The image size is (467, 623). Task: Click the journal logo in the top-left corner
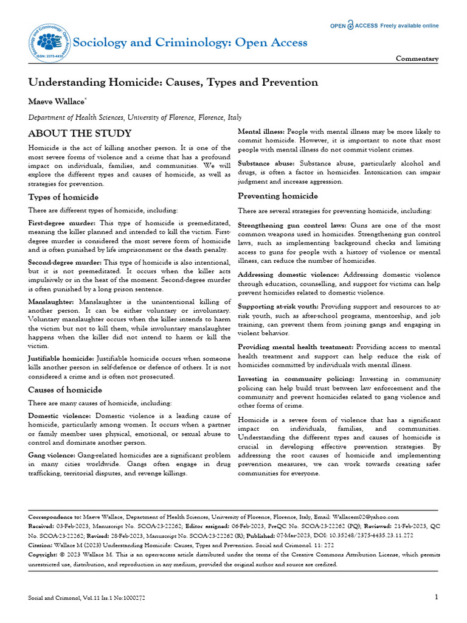point(49,41)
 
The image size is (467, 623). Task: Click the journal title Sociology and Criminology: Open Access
point(190,42)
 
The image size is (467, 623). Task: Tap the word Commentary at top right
point(417,59)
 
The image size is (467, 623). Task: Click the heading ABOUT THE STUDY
point(80,133)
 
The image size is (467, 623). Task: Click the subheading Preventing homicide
point(277,196)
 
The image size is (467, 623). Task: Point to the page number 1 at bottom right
point(437,597)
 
